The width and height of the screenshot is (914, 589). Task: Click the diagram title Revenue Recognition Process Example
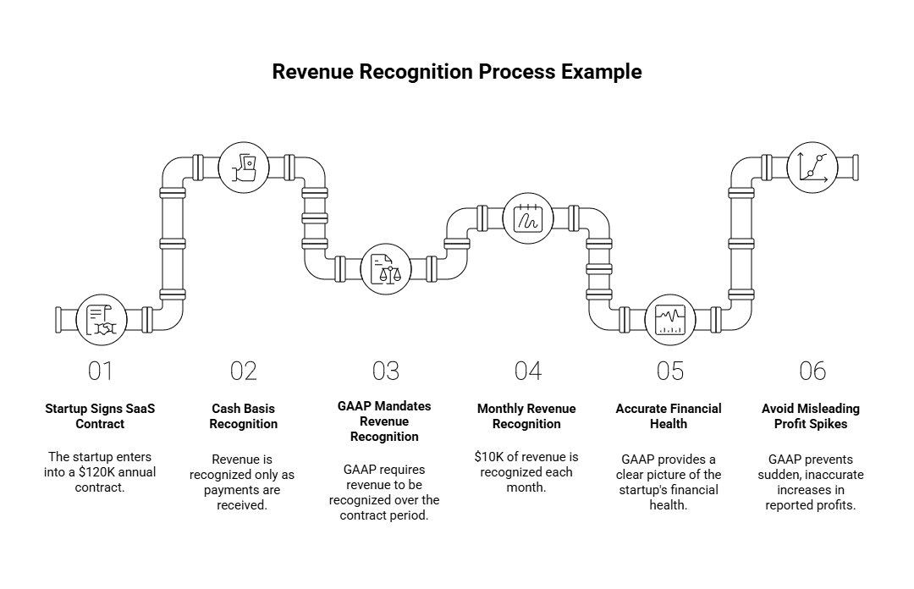coord(456,72)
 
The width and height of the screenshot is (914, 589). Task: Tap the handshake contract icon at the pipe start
coord(102,320)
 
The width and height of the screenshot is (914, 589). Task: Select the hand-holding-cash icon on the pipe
coord(244,167)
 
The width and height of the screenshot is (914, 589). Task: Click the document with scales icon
coord(386,269)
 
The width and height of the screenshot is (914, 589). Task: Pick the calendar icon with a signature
coord(528,218)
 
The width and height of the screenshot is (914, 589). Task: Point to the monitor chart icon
coord(670,320)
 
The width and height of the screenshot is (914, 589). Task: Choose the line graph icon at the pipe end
coord(812,167)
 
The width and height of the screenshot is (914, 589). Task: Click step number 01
coord(100,371)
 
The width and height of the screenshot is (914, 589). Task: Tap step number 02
coord(243,371)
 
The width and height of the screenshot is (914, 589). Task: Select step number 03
coord(385,371)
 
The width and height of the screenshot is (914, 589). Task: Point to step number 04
coord(527,371)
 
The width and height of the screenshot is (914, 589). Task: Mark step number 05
coord(669,371)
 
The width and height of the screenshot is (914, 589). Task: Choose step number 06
coord(812,371)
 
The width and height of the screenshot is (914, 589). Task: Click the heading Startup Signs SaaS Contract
coord(100,416)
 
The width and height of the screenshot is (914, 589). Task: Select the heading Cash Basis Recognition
coord(243,416)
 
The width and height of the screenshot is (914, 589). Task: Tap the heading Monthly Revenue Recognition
coord(526,416)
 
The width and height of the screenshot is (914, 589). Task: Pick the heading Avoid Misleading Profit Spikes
coord(812,416)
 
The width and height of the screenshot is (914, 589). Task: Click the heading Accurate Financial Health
coord(669,416)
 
